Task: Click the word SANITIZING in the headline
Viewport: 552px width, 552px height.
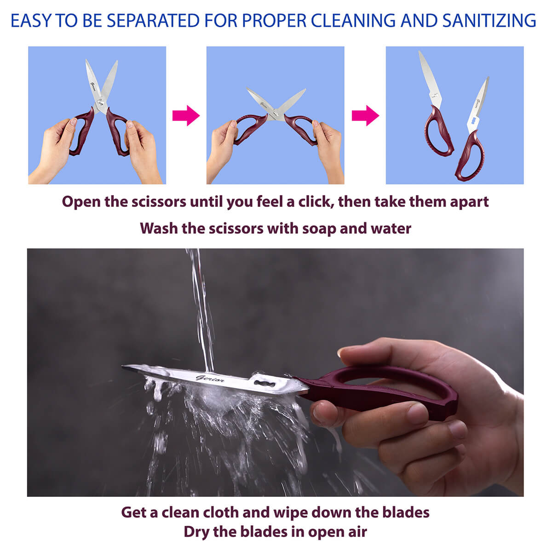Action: [489, 21]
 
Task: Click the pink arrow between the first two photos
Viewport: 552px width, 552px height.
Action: [186, 115]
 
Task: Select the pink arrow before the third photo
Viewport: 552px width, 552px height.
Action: [365, 115]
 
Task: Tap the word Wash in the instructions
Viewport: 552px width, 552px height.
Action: [158, 229]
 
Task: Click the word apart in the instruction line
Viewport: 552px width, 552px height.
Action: [469, 202]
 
